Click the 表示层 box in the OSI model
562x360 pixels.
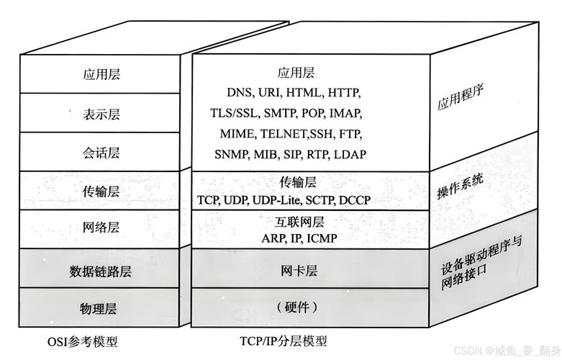(101, 113)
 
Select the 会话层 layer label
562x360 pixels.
(101, 153)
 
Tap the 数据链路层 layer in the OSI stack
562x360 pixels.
(101, 271)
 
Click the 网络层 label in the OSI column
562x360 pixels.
(101, 228)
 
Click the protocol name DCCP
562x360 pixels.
(354, 199)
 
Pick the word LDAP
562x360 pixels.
(349, 154)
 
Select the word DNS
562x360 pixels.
(240, 93)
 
